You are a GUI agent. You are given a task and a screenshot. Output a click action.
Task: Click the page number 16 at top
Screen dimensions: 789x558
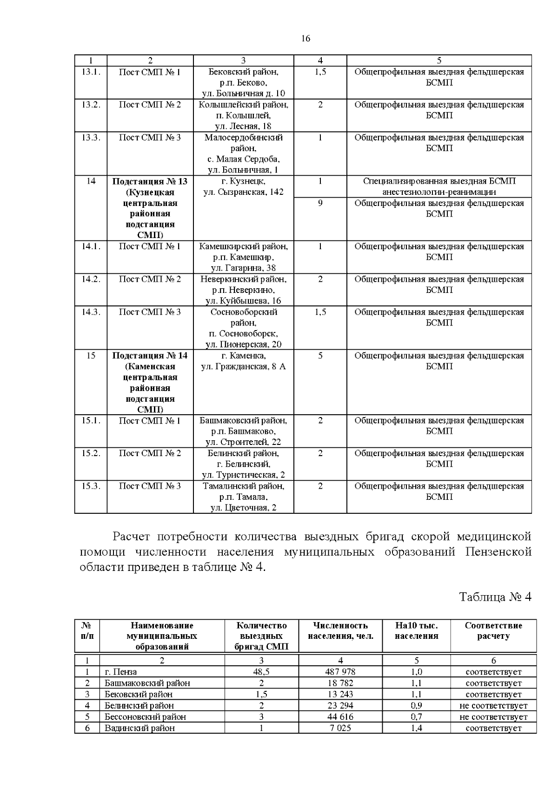[x=306, y=39]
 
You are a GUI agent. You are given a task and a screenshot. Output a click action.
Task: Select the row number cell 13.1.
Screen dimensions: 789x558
[x=91, y=72]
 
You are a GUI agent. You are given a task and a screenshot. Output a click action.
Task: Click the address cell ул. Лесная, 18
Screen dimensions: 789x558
[x=243, y=126]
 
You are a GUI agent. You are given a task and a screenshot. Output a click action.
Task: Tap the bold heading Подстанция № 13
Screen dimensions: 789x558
[x=150, y=181]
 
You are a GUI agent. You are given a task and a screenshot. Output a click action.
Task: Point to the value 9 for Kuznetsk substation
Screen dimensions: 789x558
[x=320, y=203]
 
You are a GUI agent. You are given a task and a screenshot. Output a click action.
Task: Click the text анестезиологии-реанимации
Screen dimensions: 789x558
[x=438, y=192]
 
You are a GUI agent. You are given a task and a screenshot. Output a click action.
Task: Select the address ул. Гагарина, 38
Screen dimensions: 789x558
[x=243, y=268]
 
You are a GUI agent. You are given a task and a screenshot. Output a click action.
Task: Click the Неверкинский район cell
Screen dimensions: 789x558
[x=243, y=279]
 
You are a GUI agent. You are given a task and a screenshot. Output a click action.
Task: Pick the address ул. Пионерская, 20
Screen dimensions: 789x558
[x=243, y=345]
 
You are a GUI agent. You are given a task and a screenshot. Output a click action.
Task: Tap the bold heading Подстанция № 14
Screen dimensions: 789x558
[x=150, y=356]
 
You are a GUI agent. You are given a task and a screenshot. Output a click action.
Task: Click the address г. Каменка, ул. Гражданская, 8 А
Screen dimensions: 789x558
[x=243, y=361]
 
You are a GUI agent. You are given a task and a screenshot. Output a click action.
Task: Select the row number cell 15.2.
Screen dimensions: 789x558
[x=91, y=453]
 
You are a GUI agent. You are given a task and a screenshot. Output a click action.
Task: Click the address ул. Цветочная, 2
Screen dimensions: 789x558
[x=243, y=508]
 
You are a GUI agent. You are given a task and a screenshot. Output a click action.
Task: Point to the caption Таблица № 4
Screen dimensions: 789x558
[x=495, y=597]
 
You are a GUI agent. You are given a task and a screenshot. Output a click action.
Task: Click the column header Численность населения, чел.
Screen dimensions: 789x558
[x=340, y=631]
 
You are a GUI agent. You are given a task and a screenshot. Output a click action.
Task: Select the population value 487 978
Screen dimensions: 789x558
[x=340, y=672]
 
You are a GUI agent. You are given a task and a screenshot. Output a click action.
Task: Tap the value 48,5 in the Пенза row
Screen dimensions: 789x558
[x=261, y=672]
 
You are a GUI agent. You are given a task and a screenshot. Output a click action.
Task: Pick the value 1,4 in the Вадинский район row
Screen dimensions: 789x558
[x=416, y=728]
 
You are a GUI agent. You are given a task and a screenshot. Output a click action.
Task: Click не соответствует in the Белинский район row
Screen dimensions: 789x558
[x=493, y=705]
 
